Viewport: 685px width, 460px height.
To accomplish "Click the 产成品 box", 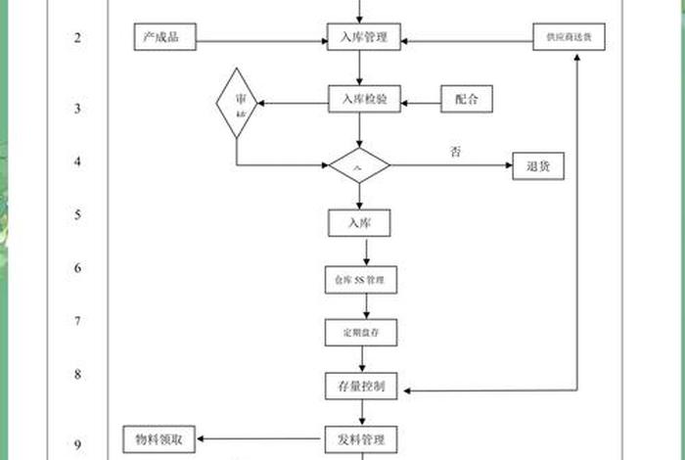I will point(165,39).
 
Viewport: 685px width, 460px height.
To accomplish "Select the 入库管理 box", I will point(363,39).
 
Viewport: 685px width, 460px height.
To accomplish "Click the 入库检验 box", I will point(363,99).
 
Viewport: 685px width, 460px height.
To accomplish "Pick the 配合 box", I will point(467,99).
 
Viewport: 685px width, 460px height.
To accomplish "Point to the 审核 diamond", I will point(237,103).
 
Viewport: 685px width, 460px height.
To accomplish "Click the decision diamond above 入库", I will point(359,166).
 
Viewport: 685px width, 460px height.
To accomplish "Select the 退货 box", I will point(539,166).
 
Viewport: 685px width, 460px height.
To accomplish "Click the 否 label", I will point(455,152).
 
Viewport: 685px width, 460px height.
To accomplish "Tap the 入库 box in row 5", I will point(359,223).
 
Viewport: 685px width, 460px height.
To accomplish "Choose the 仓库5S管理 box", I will point(361,281).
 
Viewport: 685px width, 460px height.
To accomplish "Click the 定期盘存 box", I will point(361,333).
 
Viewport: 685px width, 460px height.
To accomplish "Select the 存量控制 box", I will point(361,387).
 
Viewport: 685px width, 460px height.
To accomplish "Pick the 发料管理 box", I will point(361,438).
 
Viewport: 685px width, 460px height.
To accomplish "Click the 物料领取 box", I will point(160,438).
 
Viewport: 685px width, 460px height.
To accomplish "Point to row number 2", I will point(77,38).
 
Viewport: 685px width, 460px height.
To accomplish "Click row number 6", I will point(77,268).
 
